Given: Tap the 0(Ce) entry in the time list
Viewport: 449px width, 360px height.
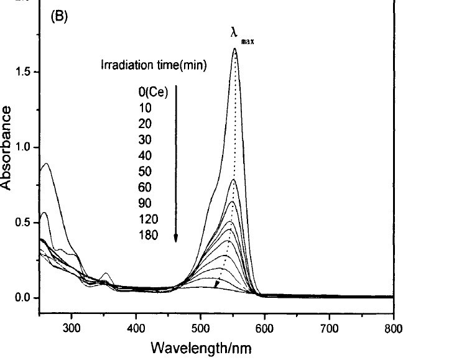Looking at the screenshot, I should coord(153,91).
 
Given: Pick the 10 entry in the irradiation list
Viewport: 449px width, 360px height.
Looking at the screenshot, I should coord(144,108).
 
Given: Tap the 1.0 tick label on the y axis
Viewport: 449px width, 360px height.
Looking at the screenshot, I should coord(24,147).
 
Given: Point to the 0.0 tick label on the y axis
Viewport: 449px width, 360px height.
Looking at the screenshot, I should coord(24,298).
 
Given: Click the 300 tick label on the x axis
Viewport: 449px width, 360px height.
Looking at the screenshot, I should coord(72,328).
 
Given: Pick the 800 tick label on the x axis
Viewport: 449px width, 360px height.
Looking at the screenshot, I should coord(393,328).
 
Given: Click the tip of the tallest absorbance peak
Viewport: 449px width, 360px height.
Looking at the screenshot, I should coord(234,48).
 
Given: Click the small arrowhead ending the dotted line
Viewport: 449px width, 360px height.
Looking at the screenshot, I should coord(216,285).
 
